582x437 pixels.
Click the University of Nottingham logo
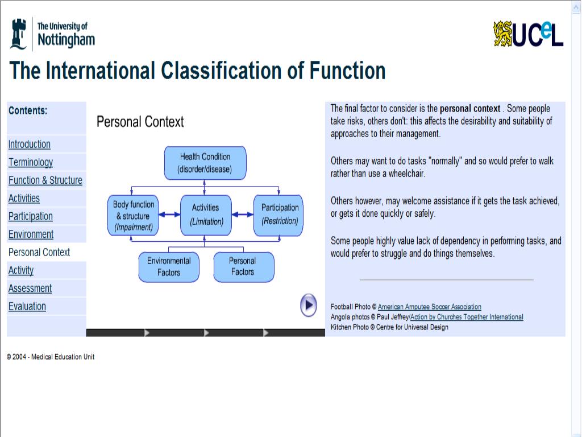(x=52, y=34)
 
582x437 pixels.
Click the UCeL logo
(x=529, y=34)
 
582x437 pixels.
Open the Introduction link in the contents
(x=30, y=145)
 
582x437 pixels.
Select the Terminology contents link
(x=31, y=163)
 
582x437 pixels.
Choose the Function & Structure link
(x=45, y=180)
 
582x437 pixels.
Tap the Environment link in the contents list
(x=31, y=234)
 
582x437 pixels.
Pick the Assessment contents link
(x=30, y=288)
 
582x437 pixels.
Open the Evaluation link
(x=27, y=307)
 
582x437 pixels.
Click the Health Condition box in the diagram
(x=205, y=163)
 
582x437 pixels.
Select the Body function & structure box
(x=134, y=216)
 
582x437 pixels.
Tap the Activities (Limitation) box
(x=206, y=215)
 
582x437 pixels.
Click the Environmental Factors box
(x=169, y=267)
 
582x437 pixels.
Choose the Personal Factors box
(x=243, y=267)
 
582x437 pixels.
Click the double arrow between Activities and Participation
(x=243, y=215)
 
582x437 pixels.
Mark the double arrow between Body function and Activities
(x=169, y=215)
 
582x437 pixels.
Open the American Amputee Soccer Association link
(x=429, y=307)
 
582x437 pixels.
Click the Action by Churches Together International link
(x=467, y=318)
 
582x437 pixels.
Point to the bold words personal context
(x=470, y=109)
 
